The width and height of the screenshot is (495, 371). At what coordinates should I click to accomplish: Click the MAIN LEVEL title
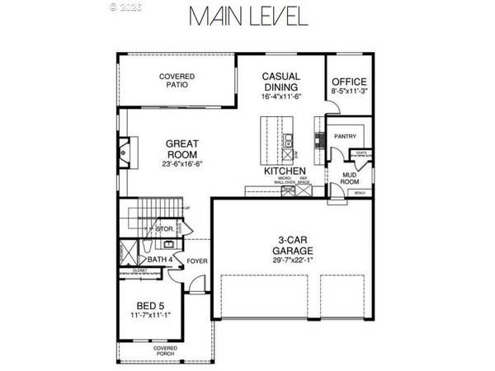[x=247, y=17]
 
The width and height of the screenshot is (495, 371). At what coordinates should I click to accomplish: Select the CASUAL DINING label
[x=281, y=81]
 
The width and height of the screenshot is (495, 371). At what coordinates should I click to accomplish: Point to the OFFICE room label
[x=348, y=82]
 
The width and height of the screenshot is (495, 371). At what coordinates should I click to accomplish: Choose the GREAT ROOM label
[x=183, y=148]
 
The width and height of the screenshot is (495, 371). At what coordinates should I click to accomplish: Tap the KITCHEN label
[x=279, y=171]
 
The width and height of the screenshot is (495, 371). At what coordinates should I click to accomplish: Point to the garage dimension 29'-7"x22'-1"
[x=293, y=261]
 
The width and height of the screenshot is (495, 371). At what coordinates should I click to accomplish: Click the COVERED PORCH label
[x=164, y=352]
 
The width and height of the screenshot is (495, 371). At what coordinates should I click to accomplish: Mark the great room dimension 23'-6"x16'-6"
[x=182, y=163]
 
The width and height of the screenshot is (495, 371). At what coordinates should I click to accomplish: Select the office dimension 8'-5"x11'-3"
[x=348, y=93]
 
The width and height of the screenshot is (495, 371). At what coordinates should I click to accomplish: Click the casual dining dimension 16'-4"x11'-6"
[x=281, y=96]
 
